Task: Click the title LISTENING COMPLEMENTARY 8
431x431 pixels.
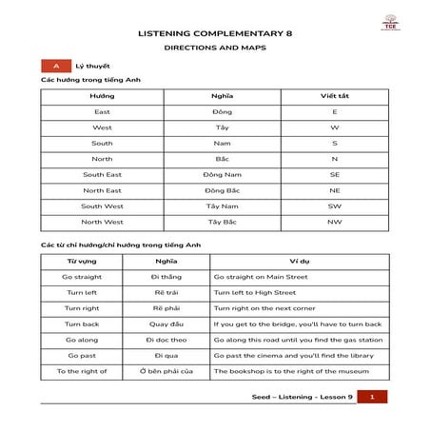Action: point(215,32)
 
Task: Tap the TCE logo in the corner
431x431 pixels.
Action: point(391,29)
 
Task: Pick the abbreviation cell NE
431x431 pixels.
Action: point(334,190)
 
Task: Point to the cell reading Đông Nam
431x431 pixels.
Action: point(222,175)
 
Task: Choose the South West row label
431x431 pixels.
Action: point(102,206)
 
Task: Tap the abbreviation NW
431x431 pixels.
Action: point(334,222)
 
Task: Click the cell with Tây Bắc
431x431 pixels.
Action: point(222,222)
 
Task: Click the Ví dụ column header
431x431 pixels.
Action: point(299,262)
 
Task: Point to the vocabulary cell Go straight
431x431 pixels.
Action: point(82,277)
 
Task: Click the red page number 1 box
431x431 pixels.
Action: point(372,396)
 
